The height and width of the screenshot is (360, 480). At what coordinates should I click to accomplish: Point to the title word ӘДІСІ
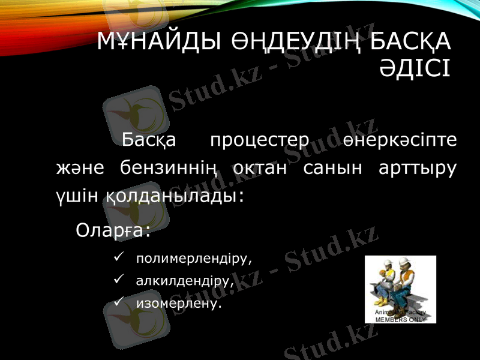pyautogui.click(x=415, y=67)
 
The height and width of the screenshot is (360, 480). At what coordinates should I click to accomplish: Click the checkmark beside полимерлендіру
pyautogui.click(x=118, y=258)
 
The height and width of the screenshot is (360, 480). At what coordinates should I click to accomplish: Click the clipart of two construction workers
pyautogui.click(x=400, y=285)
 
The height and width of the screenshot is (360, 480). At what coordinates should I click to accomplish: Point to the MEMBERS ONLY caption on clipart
pyautogui.click(x=401, y=320)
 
